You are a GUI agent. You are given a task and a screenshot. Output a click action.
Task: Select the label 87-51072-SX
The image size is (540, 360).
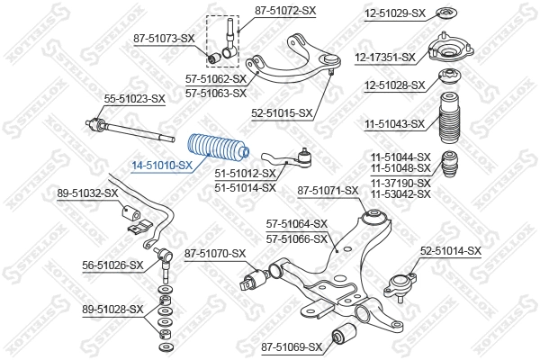tap(286, 11)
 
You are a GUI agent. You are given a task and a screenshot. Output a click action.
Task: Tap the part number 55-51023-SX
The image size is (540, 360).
tap(135, 98)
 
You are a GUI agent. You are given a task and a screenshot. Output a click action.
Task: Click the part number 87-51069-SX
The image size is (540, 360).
tap(292, 346)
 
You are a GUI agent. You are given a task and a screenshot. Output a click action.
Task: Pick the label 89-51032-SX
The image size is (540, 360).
tap(88, 193)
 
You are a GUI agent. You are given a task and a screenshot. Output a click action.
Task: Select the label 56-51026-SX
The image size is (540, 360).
tap(112, 265)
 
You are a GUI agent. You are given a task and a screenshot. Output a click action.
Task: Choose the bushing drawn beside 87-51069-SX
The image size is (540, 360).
tap(344, 337)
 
